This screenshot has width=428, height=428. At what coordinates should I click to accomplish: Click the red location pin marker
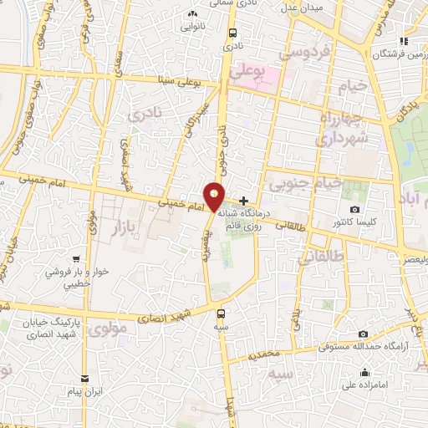click(x=215, y=196)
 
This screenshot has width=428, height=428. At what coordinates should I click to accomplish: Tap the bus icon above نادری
click(x=231, y=33)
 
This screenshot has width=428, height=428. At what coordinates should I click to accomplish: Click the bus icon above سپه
click(x=221, y=313)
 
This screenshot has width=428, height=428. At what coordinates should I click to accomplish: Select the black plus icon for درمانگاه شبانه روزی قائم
click(x=243, y=201)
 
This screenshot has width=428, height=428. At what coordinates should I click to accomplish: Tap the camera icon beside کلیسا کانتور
click(x=355, y=209)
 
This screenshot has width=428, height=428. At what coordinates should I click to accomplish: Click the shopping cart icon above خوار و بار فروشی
click(x=76, y=260)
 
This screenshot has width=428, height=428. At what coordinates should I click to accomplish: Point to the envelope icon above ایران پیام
click(x=83, y=378)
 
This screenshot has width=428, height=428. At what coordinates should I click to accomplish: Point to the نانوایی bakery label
click(x=192, y=26)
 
